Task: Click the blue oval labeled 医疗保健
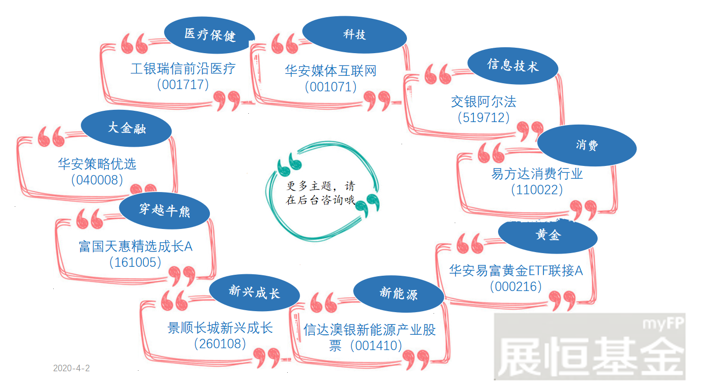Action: coord(209,35)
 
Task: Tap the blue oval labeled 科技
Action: coord(354,34)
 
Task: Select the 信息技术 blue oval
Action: coord(513,66)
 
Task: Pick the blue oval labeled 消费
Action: coord(587,145)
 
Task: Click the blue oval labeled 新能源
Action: coord(399,294)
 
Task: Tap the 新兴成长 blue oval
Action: coord(254,292)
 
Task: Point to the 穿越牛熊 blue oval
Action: coord(165,210)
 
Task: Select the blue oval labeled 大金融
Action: coord(127,128)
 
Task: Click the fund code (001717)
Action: coord(183,84)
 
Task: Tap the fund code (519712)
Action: coord(484,118)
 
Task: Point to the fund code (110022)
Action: coord(537,190)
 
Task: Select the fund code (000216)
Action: coord(516,286)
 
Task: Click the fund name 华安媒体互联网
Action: coord(331,71)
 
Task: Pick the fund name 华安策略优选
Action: coord(97,164)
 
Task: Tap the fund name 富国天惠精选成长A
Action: coord(135,246)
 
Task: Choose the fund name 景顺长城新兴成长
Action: coord(220,328)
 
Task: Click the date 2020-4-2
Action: coord(71,368)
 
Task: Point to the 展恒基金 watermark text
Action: coord(590,356)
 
